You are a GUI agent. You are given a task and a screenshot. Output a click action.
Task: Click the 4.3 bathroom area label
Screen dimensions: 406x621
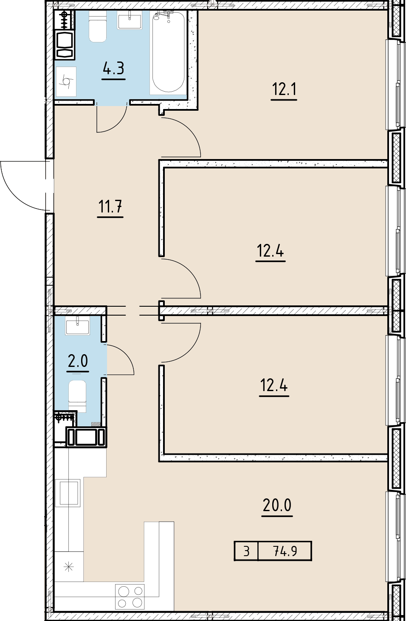(x=113, y=68)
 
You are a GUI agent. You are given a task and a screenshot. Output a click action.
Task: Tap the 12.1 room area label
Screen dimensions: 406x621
(x=284, y=90)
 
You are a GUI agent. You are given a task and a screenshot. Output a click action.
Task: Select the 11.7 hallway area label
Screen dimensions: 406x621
(x=110, y=207)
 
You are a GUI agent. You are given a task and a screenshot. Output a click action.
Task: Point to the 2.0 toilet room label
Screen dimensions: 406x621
(x=78, y=361)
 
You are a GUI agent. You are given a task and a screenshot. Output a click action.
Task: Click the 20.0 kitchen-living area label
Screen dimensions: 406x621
(x=277, y=506)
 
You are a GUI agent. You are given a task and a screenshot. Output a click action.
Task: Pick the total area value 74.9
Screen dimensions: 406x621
(x=285, y=551)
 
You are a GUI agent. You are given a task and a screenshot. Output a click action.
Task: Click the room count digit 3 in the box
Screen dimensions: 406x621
(x=246, y=551)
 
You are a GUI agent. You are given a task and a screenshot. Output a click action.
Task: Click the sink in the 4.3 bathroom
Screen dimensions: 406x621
(x=130, y=21)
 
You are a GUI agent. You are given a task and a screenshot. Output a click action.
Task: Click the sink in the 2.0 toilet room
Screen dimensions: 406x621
(x=77, y=325)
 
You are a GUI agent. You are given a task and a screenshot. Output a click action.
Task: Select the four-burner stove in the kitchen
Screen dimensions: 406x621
(x=130, y=596)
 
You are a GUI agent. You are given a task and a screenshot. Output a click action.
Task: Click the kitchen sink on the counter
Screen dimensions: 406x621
(x=69, y=492)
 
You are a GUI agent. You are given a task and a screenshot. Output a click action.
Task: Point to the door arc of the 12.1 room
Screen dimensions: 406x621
(x=183, y=138)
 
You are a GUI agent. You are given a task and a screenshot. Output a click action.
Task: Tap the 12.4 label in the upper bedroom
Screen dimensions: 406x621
(x=271, y=251)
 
